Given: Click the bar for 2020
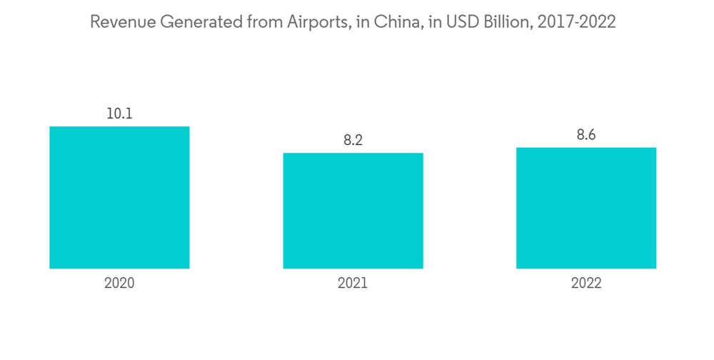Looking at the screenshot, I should click(119, 198).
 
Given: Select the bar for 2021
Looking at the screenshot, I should click(353, 211).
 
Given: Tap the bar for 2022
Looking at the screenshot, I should click(586, 208).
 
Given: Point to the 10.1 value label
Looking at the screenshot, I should click(119, 114).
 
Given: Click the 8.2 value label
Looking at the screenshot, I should click(353, 140).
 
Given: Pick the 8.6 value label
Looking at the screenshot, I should click(586, 135).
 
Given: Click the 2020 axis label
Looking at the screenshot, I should click(119, 284).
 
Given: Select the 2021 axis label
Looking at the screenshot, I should click(353, 284).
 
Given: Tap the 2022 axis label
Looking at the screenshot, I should click(586, 284).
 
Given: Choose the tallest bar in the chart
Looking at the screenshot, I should click(119, 198).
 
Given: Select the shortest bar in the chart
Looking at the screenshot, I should click(353, 211).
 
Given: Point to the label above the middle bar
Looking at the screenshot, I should click(353, 140).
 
